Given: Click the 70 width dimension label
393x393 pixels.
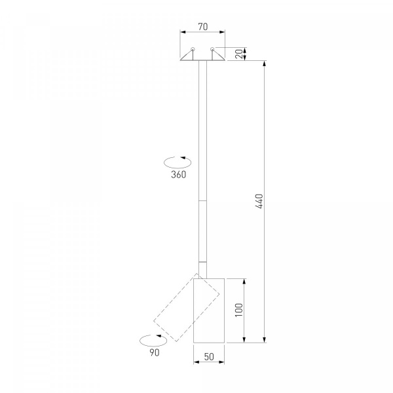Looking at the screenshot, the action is click(203, 27).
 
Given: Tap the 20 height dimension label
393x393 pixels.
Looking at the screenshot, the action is click(240, 54).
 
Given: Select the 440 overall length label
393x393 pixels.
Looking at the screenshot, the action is click(259, 201).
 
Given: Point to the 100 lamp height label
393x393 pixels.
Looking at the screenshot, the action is click(239, 310).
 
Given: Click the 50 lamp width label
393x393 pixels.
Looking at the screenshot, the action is click(209, 357).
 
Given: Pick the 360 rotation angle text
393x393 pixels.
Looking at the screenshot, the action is click(179, 175).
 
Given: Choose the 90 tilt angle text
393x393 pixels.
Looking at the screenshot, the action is click(155, 352).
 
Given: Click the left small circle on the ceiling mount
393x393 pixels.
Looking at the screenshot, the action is click(193, 49).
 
